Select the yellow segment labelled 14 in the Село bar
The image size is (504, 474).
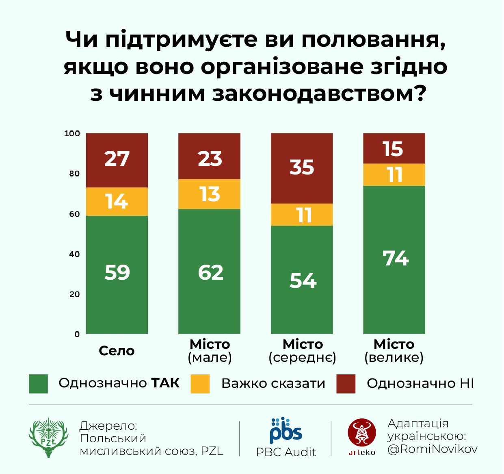tap(117, 202)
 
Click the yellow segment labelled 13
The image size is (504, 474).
tap(210, 194)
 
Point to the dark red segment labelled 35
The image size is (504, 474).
tap(302, 168)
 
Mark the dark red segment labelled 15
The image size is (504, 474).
tap(394, 148)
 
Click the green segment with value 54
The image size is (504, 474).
tap(302, 280)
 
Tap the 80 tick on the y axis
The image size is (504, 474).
tap(74, 174)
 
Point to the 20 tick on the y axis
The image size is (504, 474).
tap(74, 294)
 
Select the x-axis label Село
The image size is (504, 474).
tap(117, 351)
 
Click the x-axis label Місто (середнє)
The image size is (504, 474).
tap(303, 351)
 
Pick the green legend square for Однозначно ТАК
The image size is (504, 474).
tap(38, 384)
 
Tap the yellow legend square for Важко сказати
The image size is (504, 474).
tap(200, 384)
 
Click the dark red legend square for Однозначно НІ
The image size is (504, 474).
tap(346, 384)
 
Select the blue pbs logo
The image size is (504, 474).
tap(286, 431)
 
